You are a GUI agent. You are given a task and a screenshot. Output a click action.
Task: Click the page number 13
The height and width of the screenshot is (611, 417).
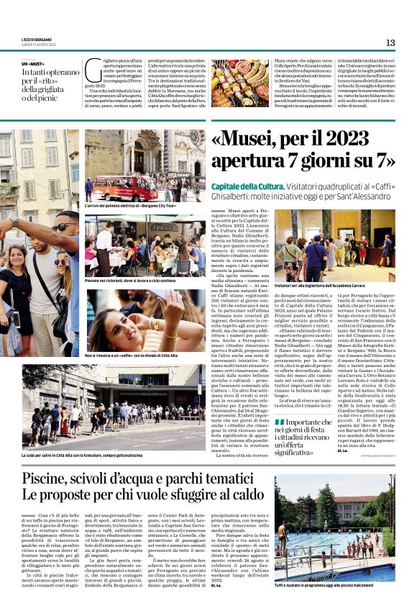click(x=390, y=42)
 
